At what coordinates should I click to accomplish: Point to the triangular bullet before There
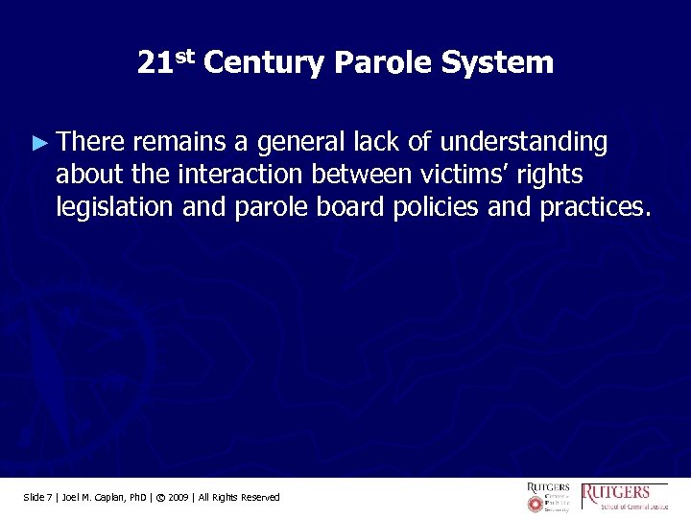[x=38, y=143]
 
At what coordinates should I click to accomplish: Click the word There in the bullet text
[x=91, y=143]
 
